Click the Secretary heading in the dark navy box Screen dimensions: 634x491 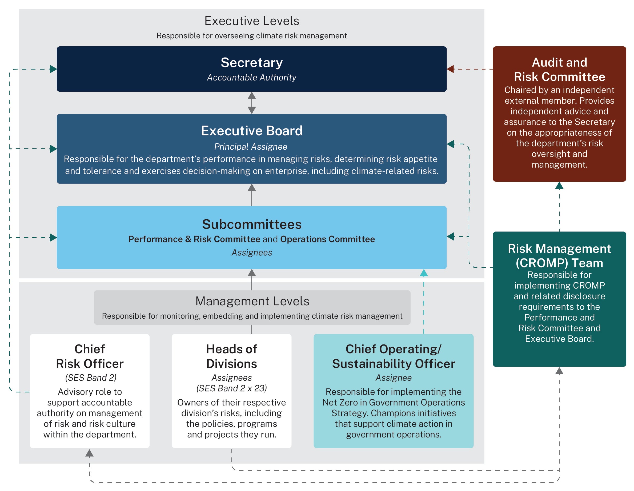tap(252, 63)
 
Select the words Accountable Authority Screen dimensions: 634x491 tap(252, 78)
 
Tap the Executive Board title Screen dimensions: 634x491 tap(252, 131)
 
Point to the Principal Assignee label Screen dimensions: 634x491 tap(251, 147)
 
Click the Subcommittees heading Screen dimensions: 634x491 tap(252, 224)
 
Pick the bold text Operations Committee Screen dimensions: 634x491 tap(327, 239)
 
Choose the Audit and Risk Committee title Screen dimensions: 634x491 tap(559, 70)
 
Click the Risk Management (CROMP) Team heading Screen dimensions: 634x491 tap(559, 256)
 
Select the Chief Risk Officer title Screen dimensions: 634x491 tap(90, 356)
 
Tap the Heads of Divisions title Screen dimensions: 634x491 tap(232, 356)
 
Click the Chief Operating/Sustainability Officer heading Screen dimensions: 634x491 tap(394, 356)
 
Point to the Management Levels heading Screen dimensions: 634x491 tap(252, 301)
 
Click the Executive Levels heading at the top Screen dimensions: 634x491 tap(252, 21)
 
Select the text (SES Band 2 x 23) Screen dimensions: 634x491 tap(232, 388)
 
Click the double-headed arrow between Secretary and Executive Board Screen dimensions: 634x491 tap(252, 103)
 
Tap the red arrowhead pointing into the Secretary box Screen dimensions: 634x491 tap(450, 69)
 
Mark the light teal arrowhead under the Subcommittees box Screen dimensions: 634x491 tap(424, 273)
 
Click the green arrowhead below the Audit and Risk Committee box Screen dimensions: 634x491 tap(559, 186)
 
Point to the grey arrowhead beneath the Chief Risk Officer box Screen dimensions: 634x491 tap(89, 453)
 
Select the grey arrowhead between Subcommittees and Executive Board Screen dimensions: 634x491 tap(252, 188)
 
